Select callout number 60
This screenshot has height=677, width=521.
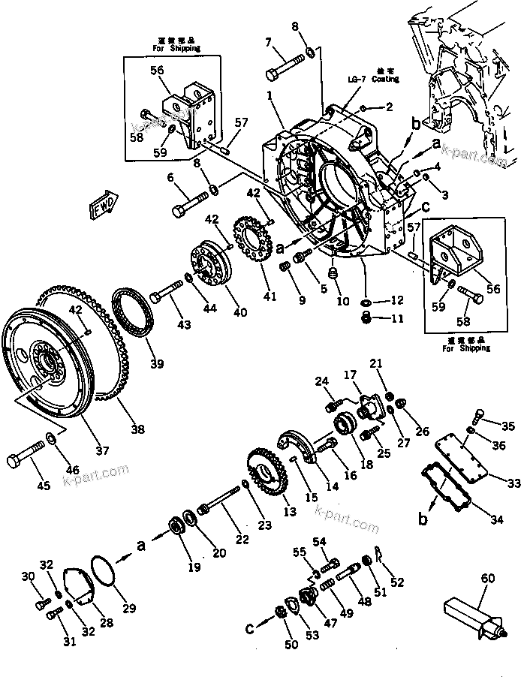coord(488,579)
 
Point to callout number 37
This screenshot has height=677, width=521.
coord(102,450)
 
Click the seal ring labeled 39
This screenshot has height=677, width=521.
coord(134,309)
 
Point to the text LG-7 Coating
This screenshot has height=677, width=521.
coord(372,79)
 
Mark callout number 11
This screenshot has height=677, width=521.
coord(398,319)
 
